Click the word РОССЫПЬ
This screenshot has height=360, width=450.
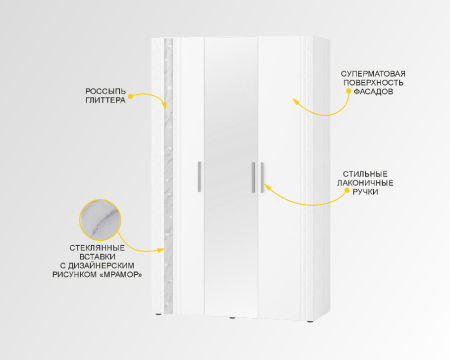click(x=106, y=91)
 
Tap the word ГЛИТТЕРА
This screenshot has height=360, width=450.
click(x=106, y=100)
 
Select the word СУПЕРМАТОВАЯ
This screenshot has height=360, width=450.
click(x=373, y=74)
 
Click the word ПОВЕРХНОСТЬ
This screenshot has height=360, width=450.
click(x=373, y=83)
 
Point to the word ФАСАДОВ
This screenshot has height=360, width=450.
click(x=373, y=92)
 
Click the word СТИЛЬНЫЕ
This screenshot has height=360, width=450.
click(x=365, y=174)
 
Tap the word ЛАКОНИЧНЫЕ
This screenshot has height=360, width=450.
click(x=365, y=183)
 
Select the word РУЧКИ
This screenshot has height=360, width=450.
click(x=365, y=192)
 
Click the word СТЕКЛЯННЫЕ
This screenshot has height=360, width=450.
click(x=97, y=248)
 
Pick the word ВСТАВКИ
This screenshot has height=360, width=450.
click(x=97, y=257)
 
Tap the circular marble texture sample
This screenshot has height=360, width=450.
click(x=100, y=220)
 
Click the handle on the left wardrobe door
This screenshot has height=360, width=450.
click(x=199, y=177)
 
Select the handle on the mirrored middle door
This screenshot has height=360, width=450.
click(x=254, y=177)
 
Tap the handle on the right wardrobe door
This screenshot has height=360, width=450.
click(x=262, y=177)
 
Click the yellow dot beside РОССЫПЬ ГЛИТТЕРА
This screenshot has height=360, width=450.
click(x=131, y=96)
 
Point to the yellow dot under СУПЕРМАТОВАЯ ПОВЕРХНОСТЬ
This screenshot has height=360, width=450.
click(x=348, y=90)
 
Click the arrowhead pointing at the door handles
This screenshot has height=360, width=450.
click(x=267, y=185)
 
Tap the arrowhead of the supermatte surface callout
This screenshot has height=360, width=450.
click(x=294, y=100)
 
